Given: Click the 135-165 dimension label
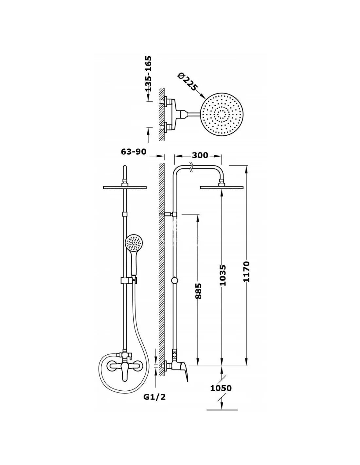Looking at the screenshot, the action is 148,74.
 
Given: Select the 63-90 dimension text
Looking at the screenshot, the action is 134,152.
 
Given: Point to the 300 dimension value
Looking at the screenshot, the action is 200,155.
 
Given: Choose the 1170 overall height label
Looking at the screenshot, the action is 247,271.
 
